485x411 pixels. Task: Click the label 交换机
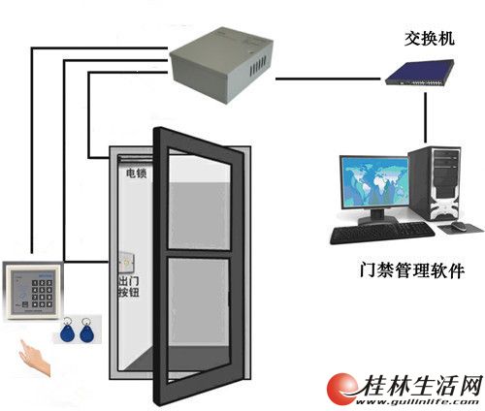tap(430, 39)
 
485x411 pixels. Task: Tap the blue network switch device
tap(419, 72)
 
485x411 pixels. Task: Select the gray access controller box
tap(221, 64)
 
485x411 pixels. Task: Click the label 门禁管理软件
tap(412, 270)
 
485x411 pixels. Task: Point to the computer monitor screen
tap(374, 181)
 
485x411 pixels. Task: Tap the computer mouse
tap(459, 226)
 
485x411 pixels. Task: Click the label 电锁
tap(137, 174)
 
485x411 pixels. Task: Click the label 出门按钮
tap(129, 286)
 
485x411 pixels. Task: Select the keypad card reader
tap(32, 291)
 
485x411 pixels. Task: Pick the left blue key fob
tap(68, 331)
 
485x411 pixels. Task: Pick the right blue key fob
tap(86, 331)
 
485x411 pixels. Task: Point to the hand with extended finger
tap(34, 358)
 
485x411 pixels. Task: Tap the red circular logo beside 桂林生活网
tap(342, 389)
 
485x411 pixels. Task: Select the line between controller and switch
tap(328, 79)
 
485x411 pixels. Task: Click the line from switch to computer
tap(426, 118)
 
